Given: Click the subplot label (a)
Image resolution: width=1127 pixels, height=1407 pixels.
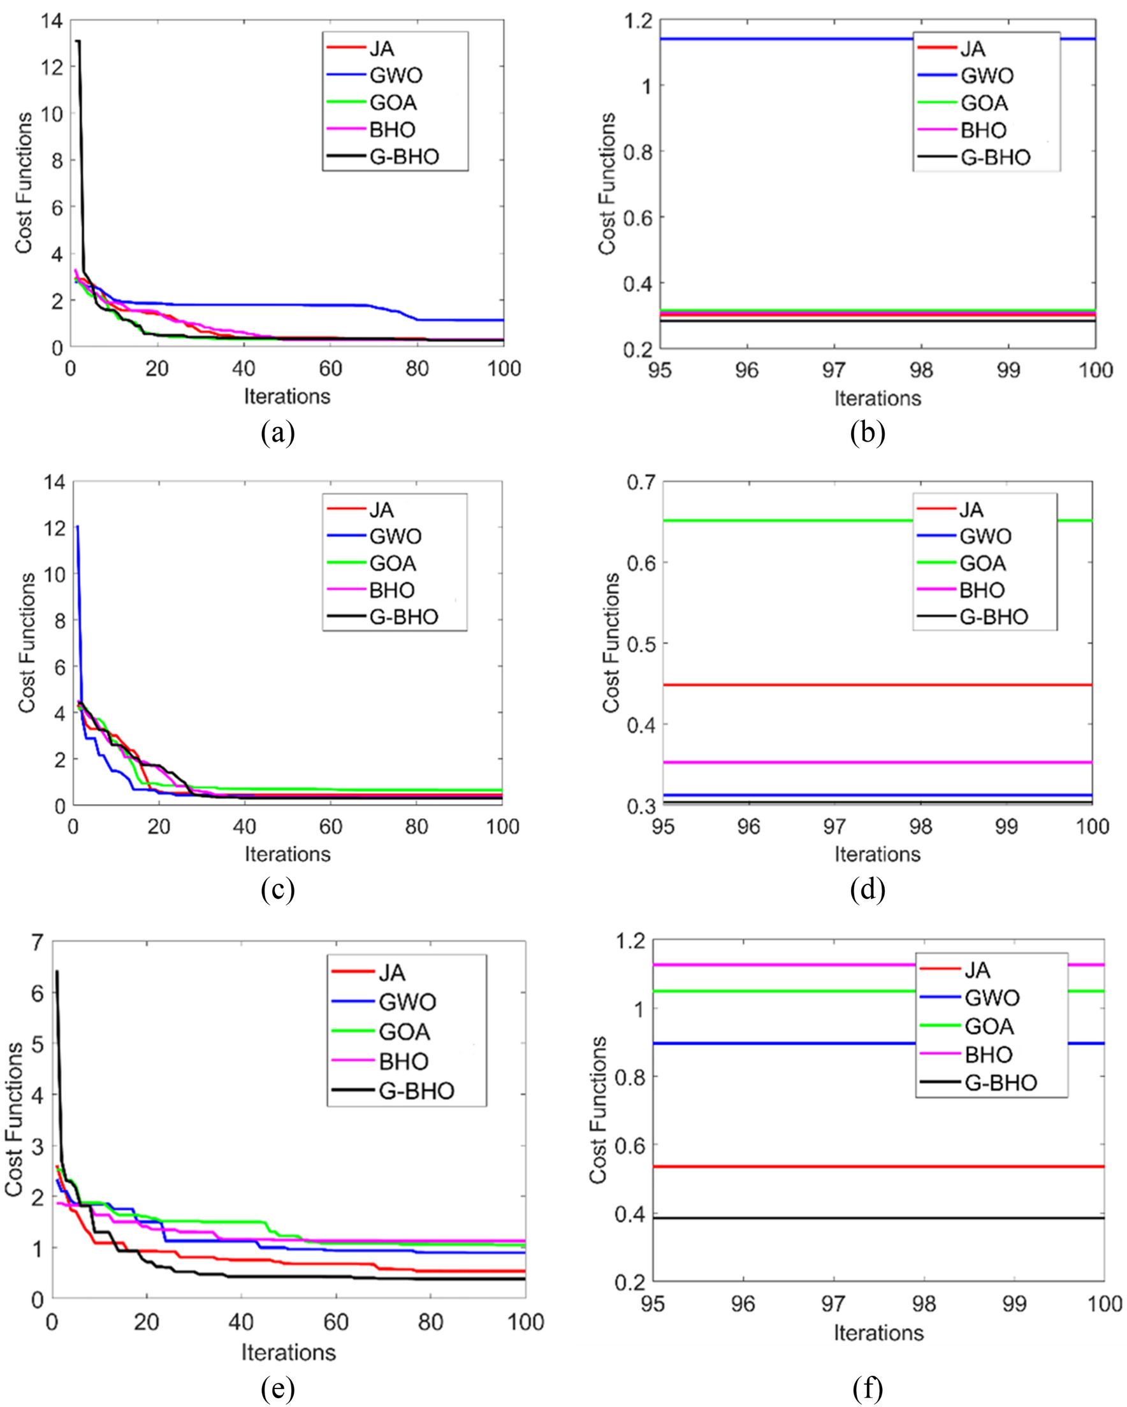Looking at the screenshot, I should pos(277,433).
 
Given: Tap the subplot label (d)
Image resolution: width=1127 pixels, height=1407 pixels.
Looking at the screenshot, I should pos(867,890).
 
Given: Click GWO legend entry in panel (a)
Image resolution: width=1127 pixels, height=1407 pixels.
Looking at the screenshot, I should pos(396,76).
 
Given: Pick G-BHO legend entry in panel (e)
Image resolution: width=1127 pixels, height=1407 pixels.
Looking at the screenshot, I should pos(416,1090).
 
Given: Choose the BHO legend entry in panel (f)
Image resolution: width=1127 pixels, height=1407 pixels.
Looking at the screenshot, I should pos(988,1055).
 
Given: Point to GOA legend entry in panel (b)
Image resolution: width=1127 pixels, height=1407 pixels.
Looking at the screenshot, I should pos(984,103).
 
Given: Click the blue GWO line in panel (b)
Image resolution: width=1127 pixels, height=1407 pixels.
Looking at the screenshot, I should pos(783,39).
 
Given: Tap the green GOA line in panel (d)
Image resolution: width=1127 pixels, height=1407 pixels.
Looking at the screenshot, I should pos(783,521).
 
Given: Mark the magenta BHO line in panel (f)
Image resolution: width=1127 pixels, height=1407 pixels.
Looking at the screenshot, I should pos(783,965).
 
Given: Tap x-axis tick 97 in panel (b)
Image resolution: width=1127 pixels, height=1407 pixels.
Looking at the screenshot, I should pos(834,370).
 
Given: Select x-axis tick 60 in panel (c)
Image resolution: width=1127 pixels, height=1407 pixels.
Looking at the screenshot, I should pos(330,827).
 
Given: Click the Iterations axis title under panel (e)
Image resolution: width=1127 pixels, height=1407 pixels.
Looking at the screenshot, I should pos(288,1352).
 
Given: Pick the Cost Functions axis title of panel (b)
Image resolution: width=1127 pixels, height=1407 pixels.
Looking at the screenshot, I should pos(607,184).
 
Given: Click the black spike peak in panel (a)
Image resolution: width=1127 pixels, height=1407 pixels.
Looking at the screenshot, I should pos(78,41).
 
